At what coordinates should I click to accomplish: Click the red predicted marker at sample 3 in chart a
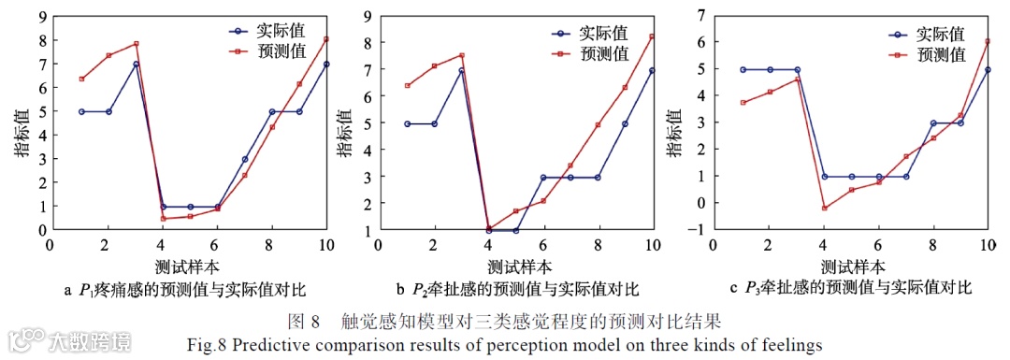(136, 44)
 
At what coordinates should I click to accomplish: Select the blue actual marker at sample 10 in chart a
(326, 65)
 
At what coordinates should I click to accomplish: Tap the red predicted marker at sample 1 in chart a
(81, 79)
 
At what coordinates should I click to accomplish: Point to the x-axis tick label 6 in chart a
(217, 244)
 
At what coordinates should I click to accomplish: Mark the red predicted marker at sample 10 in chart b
(652, 36)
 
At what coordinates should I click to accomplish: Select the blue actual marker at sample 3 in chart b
(461, 70)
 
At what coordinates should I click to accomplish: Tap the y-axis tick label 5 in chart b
(368, 123)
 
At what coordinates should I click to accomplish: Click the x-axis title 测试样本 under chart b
(515, 265)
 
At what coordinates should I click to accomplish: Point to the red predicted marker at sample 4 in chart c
(824, 208)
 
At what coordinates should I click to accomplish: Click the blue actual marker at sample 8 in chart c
(933, 122)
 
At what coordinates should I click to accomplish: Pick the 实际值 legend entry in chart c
(941, 35)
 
